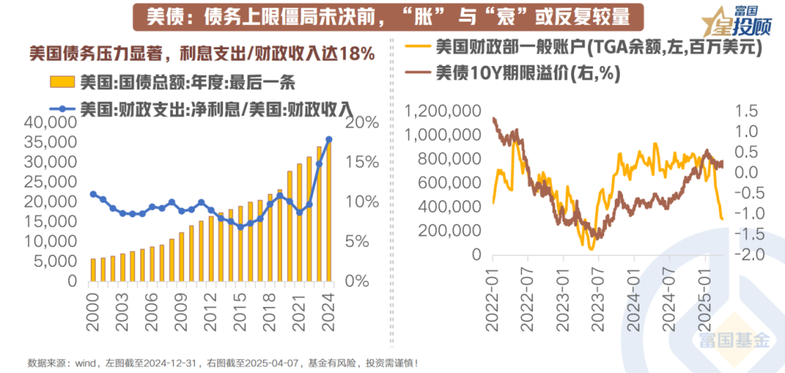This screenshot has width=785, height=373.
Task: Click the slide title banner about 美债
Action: (x=392, y=16)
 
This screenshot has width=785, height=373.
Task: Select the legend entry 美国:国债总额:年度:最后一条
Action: (x=174, y=81)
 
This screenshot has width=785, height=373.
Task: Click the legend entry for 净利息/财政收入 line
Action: (x=211, y=110)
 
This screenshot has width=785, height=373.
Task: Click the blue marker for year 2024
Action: (x=329, y=139)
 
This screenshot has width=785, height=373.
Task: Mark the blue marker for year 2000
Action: (x=93, y=194)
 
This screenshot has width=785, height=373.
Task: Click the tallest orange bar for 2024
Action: (x=329, y=210)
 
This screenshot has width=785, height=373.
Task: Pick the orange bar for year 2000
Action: (x=93, y=269)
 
